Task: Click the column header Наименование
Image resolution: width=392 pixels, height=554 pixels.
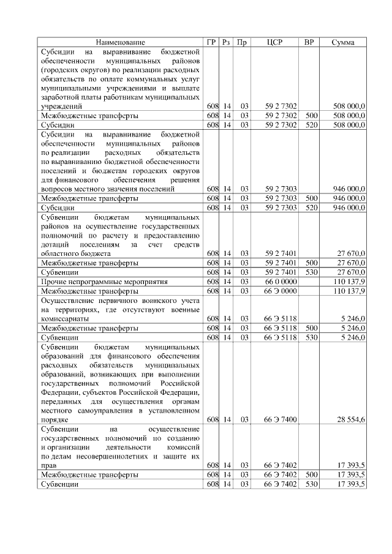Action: click(x=121, y=42)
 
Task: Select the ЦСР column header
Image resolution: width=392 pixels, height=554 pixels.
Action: click(x=274, y=42)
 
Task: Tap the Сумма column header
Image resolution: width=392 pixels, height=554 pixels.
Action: click(x=343, y=42)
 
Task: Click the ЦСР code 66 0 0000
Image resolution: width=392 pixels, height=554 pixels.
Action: click(x=281, y=282)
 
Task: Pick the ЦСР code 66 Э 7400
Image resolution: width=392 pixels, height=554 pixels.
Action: click(x=281, y=420)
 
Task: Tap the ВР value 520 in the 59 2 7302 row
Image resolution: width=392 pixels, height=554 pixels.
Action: click(x=311, y=125)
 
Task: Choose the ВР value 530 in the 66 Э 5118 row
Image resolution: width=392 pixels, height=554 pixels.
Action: click(x=311, y=337)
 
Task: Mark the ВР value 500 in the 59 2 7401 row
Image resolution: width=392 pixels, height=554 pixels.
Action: click(x=311, y=263)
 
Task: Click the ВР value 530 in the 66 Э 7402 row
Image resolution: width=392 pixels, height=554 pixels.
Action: click(x=311, y=484)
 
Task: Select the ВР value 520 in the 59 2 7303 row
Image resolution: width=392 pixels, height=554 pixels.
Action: click(x=311, y=208)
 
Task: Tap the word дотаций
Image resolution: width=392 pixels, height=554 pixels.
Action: click(x=55, y=244)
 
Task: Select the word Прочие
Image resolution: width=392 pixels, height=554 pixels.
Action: click(x=53, y=282)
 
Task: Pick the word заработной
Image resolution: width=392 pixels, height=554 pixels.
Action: click(x=60, y=97)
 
